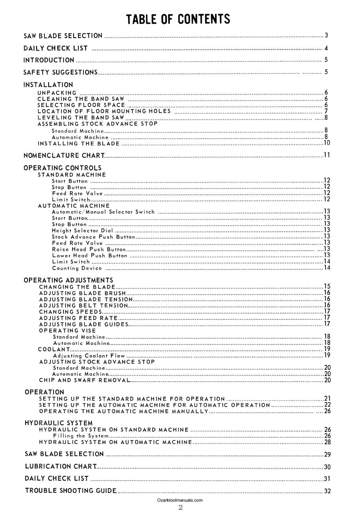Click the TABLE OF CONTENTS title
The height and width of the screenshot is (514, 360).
point(178,19)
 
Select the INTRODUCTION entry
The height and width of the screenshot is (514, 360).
point(49,60)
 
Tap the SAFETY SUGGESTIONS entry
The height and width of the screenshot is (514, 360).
point(60,72)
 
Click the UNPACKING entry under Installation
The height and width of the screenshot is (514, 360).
point(57,93)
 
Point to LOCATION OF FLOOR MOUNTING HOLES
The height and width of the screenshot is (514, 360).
point(104,111)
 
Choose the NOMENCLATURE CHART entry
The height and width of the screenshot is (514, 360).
point(64,156)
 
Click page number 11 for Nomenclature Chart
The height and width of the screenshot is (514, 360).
point(327,155)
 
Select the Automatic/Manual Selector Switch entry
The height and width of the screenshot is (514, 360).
point(103,212)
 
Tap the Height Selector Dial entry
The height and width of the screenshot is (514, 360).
point(82,231)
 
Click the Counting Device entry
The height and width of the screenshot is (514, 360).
point(77,268)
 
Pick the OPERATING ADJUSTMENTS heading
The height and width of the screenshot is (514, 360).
point(68,280)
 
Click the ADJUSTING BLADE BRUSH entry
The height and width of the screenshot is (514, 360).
point(82,293)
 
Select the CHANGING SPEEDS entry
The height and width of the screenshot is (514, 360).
point(70,312)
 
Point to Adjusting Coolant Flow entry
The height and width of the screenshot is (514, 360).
point(89,356)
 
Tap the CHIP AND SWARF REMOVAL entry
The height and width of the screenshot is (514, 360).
point(84,380)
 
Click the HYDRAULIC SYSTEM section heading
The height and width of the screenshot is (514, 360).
point(59,423)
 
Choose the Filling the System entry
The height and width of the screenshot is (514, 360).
point(81,436)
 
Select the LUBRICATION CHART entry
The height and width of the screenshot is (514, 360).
point(61,466)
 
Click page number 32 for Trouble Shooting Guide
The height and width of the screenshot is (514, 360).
point(327,491)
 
